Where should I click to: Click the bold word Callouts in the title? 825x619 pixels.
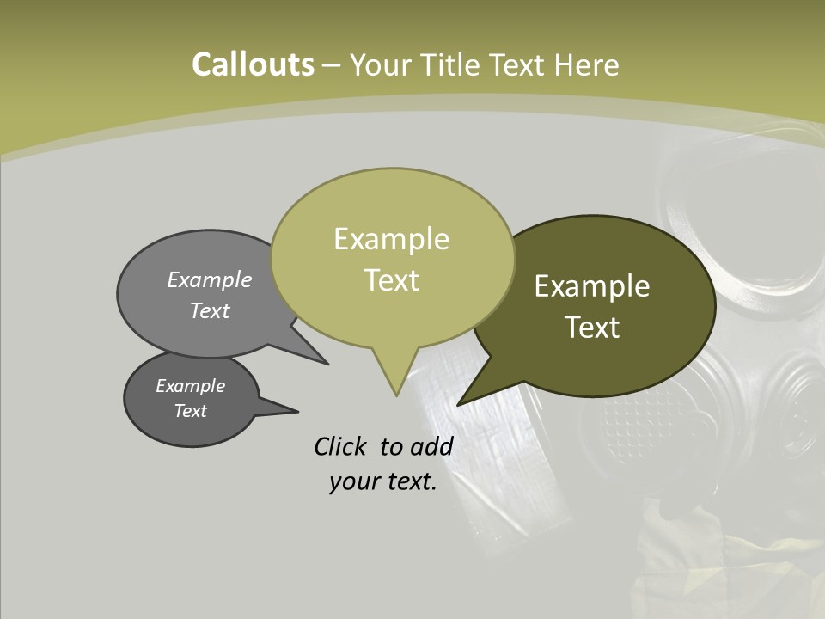click(x=253, y=64)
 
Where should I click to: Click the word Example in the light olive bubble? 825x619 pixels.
click(x=391, y=239)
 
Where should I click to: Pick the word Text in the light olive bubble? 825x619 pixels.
click(x=391, y=280)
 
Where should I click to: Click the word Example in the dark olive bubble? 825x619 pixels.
click(x=592, y=286)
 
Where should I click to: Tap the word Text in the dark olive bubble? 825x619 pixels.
click(x=592, y=328)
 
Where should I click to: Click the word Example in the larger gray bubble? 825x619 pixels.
click(x=210, y=280)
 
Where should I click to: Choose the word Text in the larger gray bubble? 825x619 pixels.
click(x=210, y=311)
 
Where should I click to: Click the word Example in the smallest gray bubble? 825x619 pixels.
click(x=190, y=386)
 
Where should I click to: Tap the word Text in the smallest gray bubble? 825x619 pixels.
click(x=190, y=411)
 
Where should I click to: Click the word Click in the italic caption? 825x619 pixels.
click(x=341, y=447)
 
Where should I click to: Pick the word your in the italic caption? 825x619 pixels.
click(x=354, y=481)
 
